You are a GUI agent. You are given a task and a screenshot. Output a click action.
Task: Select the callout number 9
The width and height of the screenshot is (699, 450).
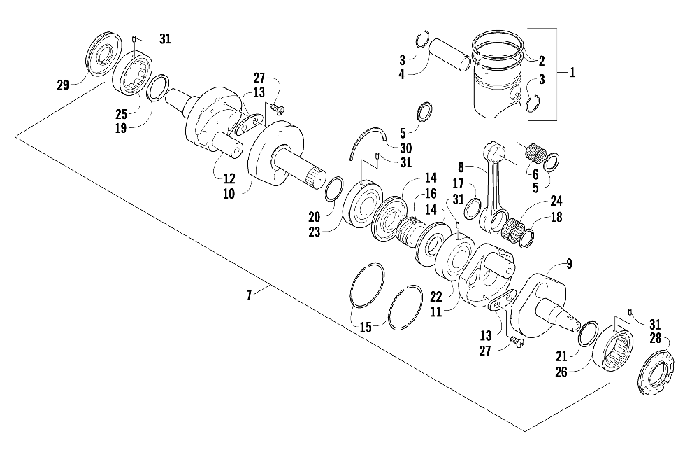coord(568,264)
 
